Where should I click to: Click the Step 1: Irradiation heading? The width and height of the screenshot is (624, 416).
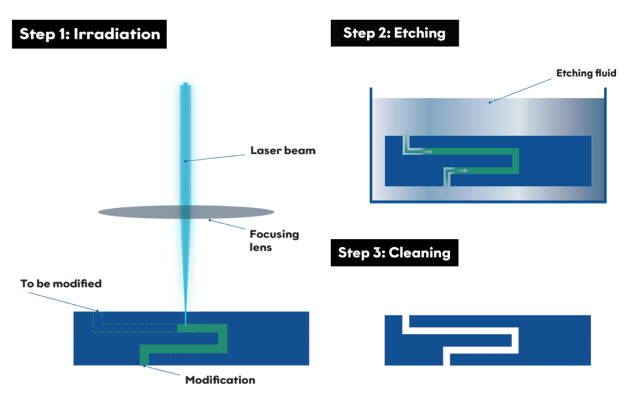point(89,34)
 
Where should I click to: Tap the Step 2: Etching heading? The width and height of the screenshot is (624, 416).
point(395,32)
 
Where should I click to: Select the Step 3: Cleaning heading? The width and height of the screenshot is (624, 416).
point(394,252)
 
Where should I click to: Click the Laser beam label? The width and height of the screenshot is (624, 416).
point(283,151)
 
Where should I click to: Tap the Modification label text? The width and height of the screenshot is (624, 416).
point(220,380)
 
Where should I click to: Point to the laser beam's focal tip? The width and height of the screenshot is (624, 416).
point(185,322)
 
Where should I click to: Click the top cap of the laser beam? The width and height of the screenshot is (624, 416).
point(186,85)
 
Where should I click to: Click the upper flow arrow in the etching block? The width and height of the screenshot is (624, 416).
point(421,151)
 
